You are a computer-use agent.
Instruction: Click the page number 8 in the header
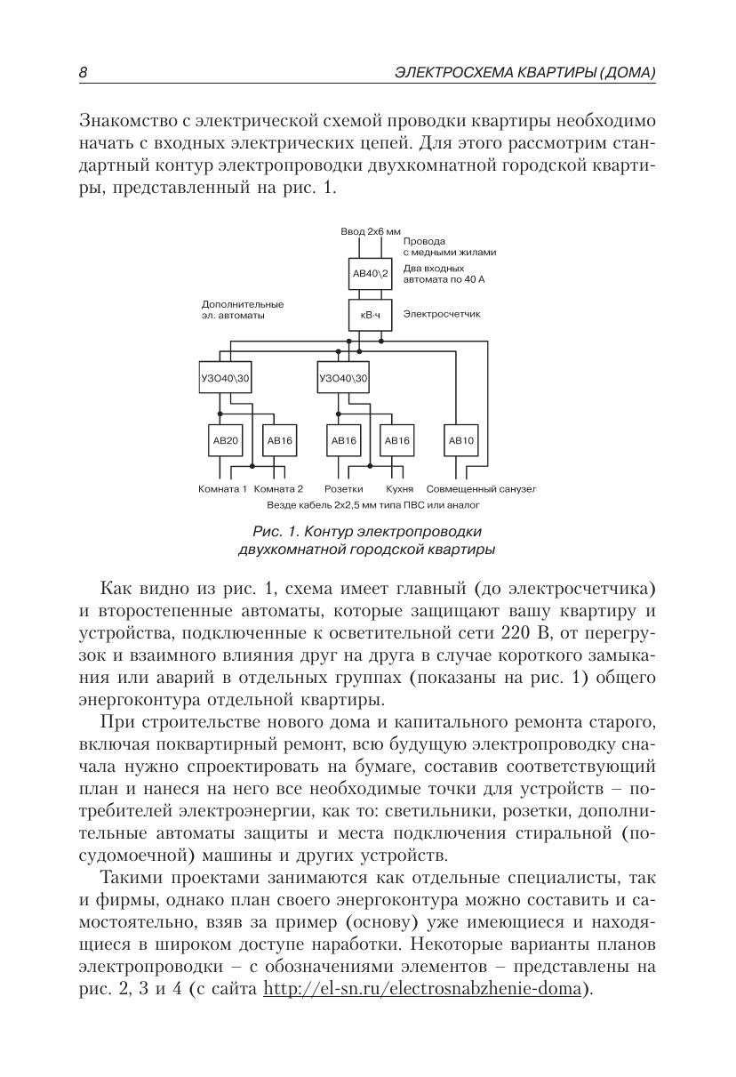pyautogui.click(x=83, y=73)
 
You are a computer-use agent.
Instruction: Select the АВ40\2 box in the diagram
pyautogui.click(x=371, y=275)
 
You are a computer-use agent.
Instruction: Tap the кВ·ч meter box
pyautogui.click(x=371, y=314)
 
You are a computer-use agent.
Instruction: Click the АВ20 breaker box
pyautogui.click(x=225, y=440)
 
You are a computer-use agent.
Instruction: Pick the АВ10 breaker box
pyautogui.click(x=461, y=440)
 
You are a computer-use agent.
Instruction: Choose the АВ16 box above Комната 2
pyautogui.click(x=279, y=440)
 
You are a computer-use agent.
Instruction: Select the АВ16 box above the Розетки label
pyautogui.click(x=343, y=440)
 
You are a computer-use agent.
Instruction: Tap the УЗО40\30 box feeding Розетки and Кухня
pyautogui.click(x=343, y=378)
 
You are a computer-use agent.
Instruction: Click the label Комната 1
pyautogui.click(x=222, y=489)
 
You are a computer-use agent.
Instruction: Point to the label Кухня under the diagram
pyautogui.click(x=400, y=489)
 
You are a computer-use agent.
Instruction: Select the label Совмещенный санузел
pyautogui.click(x=481, y=489)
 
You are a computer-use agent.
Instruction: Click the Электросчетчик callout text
pyautogui.click(x=442, y=314)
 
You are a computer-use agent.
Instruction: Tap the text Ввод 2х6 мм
pyautogui.click(x=371, y=231)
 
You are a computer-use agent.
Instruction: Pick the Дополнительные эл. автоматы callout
pyautogui.click(x=243, y=309)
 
